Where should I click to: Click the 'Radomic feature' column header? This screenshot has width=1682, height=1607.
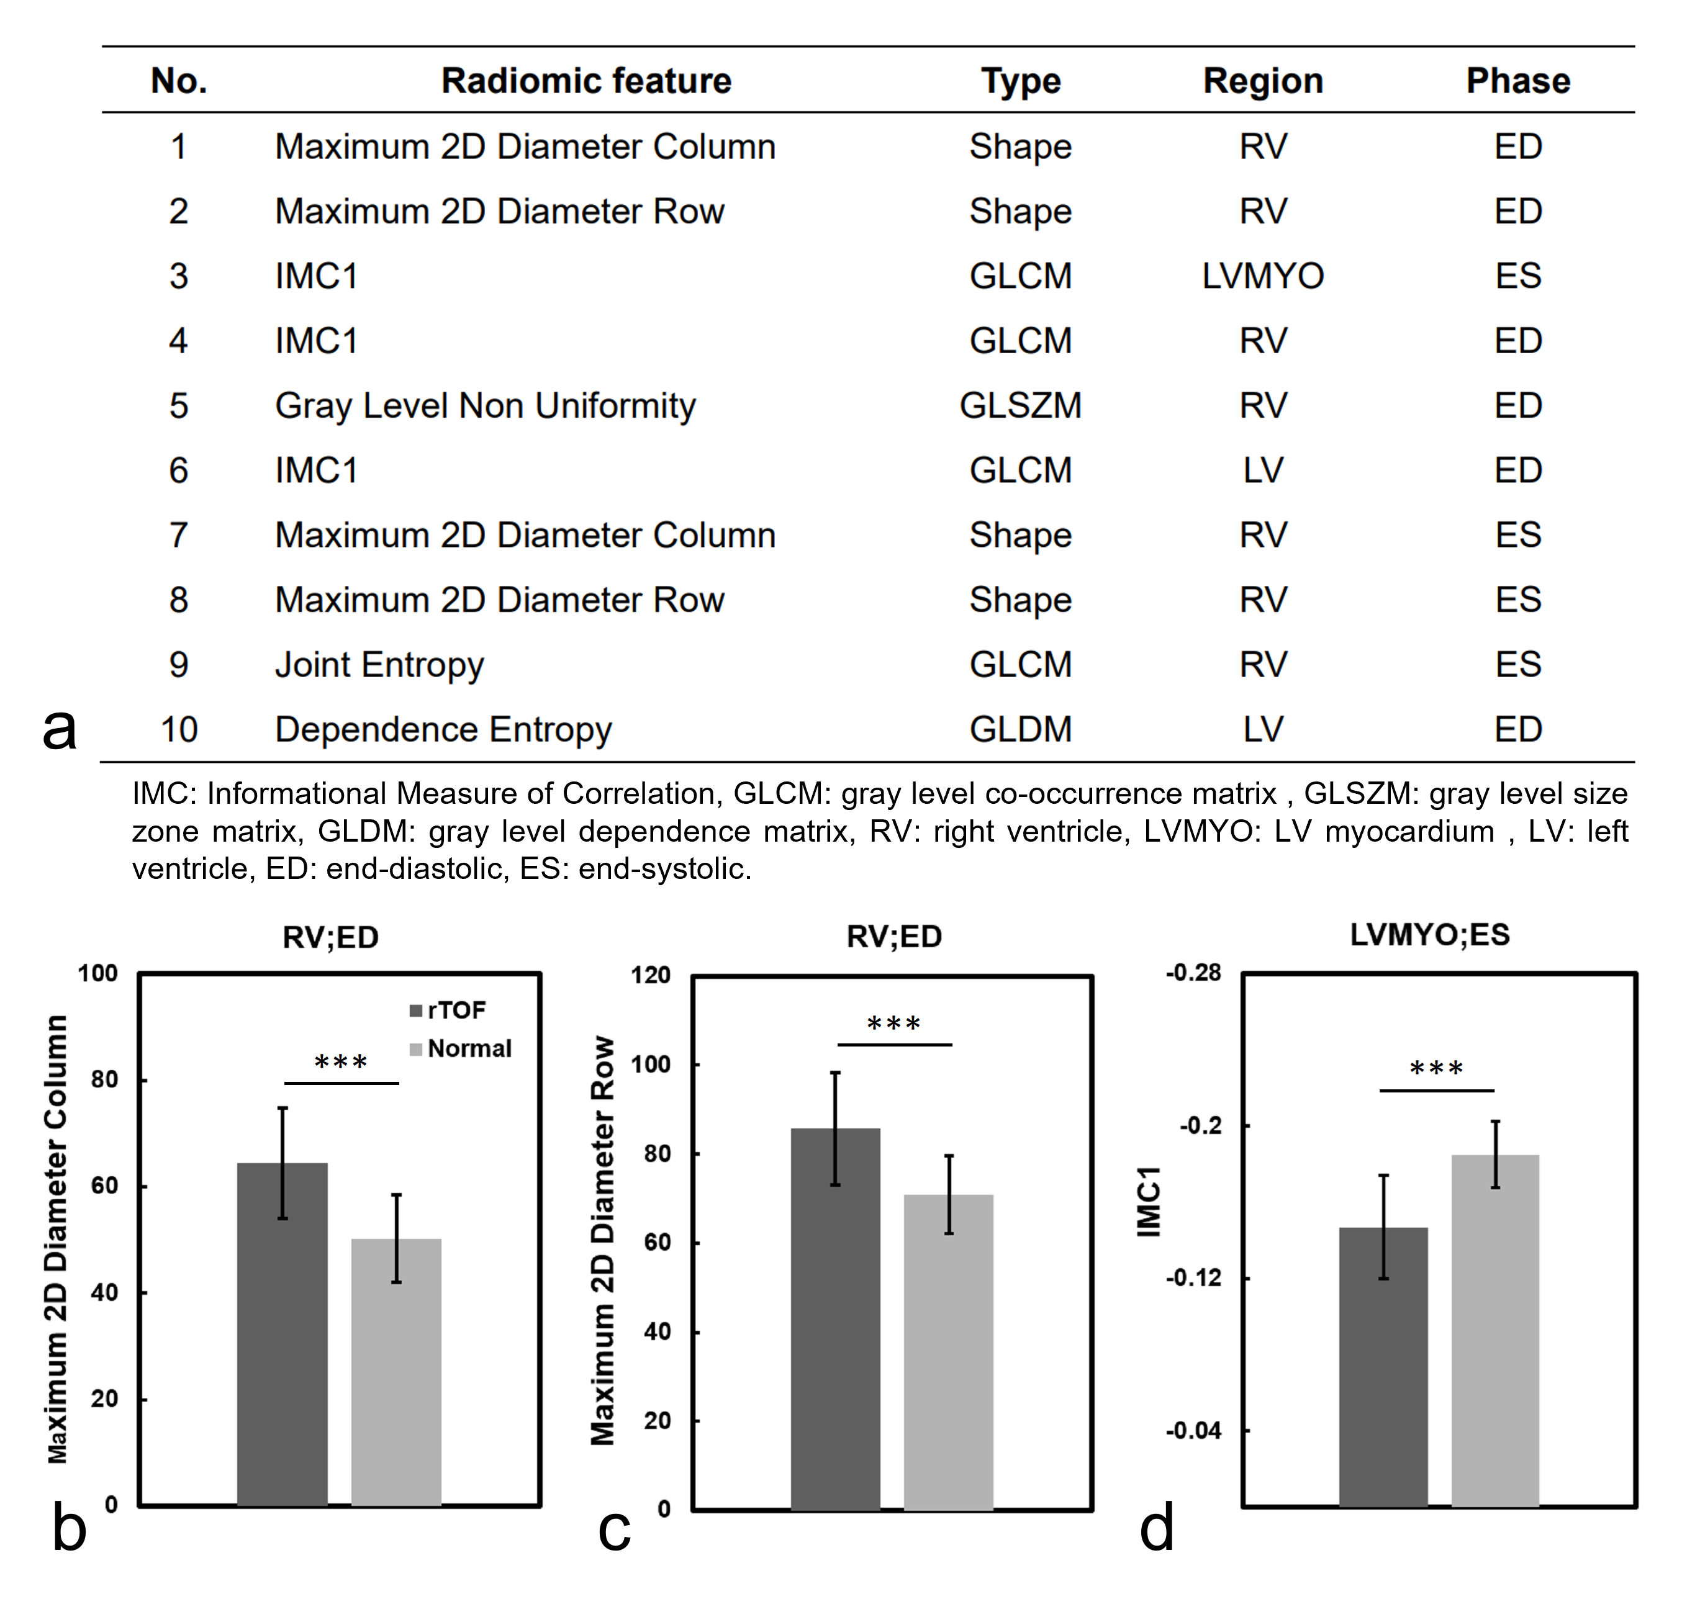pos(586,81)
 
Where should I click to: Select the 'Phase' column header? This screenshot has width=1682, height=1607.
pos(1517,81)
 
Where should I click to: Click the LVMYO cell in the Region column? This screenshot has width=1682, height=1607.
pos(1262,276)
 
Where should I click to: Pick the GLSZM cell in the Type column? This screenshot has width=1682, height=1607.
pos(1020,405)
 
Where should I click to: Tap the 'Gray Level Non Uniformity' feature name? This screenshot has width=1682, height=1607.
pos(485,405)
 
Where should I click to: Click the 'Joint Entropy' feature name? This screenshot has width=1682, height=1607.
pos(379,665)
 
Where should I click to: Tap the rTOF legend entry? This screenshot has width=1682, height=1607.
pos(449,1011)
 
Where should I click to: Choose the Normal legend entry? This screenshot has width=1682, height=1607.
pos(462,1048)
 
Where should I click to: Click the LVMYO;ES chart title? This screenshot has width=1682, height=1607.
pos(1429,935)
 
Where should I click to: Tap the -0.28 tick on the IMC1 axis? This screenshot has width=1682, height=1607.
pos(1193,973)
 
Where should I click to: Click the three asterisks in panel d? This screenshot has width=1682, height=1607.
pos(1436,1069)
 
